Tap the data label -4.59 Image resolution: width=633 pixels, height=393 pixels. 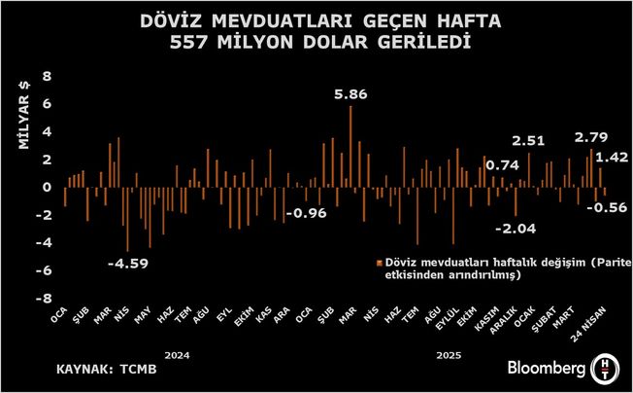126,263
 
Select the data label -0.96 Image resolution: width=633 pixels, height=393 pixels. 310,213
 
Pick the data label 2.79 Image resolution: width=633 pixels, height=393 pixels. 591,138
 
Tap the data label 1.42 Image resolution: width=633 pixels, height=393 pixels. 613,157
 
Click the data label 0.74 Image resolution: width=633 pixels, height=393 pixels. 502,165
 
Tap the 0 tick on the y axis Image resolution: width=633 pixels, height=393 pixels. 46,188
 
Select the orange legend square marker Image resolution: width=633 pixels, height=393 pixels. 378,263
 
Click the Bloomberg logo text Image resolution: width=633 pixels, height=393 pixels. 547,370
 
